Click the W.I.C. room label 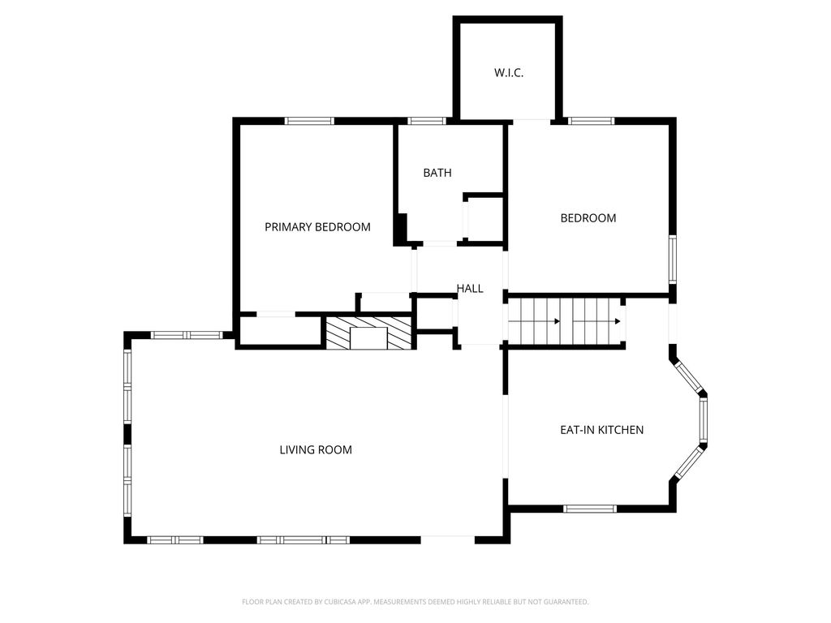[x=509, y=73]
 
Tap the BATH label [x=437, y=173]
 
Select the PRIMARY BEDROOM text [x=317, y=227]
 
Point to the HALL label [x=470, y=289]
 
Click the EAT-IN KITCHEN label [x=602, y=430]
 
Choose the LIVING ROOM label [x=316, y=449]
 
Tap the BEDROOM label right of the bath [x=588, y=218]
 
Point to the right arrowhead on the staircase [x=618, y=321]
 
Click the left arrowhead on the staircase [x=557, y=321]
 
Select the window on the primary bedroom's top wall [x=309, y=121]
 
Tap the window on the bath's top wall [x=427, y=121]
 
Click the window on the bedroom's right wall [x=673, y=260]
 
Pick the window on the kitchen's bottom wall [x=590, y=509]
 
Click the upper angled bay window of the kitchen [x=690, y=378]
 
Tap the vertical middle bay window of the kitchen [x=704, y=420]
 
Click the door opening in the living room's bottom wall [x=448, y=539]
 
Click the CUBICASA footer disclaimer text [x=415, y=602]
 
